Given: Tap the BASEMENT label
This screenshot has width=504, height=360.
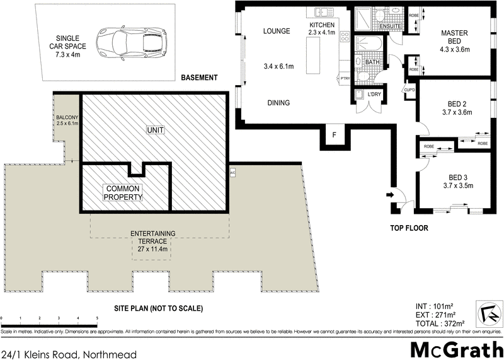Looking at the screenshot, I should [198, 78].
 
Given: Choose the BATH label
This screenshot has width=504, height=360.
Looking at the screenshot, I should [372, 62].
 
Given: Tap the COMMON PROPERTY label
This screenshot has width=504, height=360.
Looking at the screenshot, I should [123, 193].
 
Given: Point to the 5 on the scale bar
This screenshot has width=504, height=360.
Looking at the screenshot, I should [96, 318].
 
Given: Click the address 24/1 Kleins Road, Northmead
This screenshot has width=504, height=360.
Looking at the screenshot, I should [68, 356].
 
